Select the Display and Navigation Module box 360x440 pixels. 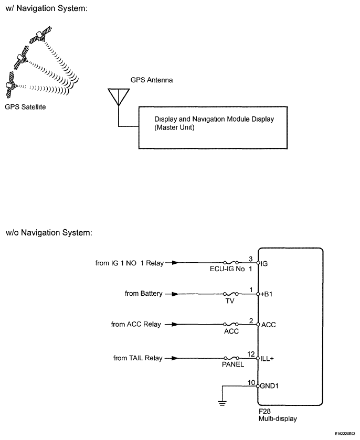coord(213,127)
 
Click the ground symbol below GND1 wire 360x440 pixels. coord(223,402)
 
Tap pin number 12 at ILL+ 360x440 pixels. coord(251,354)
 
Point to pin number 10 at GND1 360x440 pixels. coord(251,382)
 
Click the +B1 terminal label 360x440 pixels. coord(268,294)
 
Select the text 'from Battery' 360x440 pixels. coord(143,294)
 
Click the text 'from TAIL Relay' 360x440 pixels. coord(137,358)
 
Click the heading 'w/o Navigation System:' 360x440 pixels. coord(49,232)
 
